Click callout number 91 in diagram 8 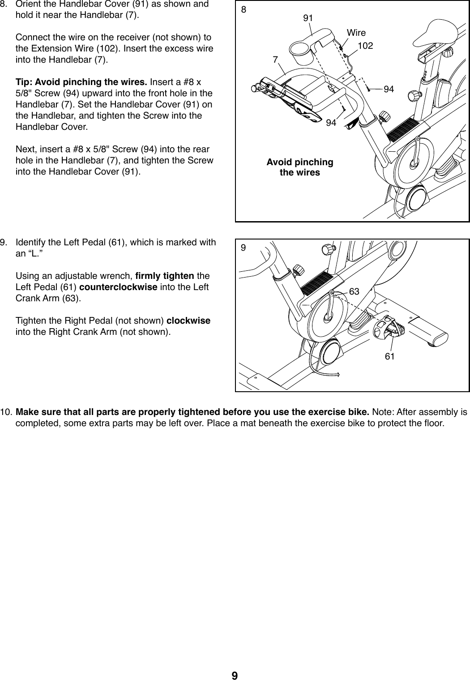[x=308, y=18]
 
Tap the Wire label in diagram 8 [x=356, y=33]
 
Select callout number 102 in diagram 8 [x=366, y=46]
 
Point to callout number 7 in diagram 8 [x=275, y=60]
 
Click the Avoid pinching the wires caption [x=299, y=167]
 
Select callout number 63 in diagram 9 [x=354, y=291]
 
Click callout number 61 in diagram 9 [x=389, y=356]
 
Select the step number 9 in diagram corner [x=244, y=248]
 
